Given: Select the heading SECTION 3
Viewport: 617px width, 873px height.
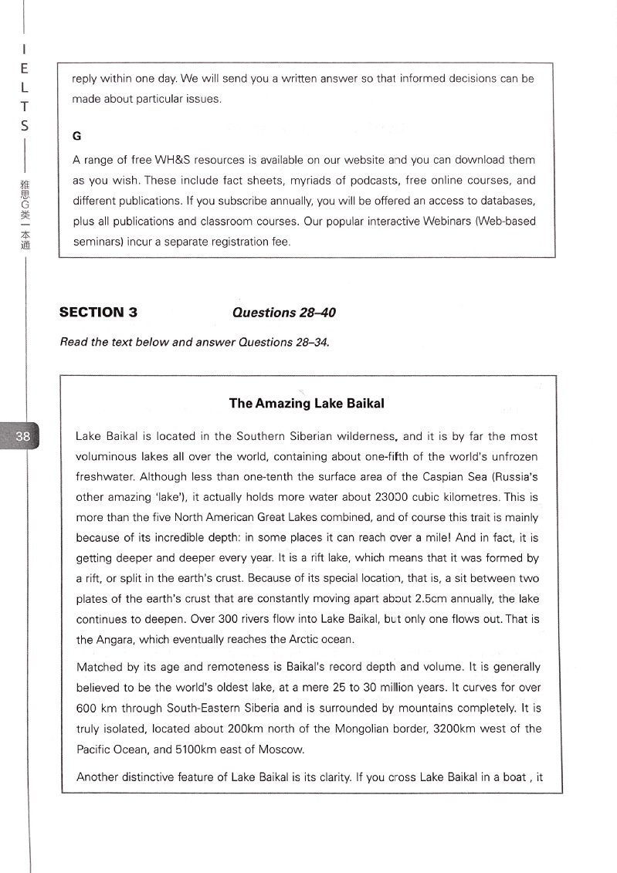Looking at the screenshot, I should tap(98, 313).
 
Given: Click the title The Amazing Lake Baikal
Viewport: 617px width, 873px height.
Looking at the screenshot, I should tap(307, 404).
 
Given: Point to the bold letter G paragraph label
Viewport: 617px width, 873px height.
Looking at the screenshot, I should tap(76, 136).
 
